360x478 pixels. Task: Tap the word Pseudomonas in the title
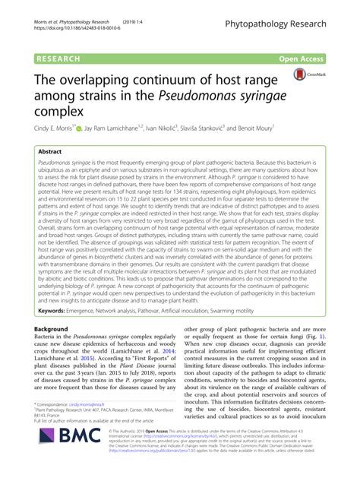(215, 96)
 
